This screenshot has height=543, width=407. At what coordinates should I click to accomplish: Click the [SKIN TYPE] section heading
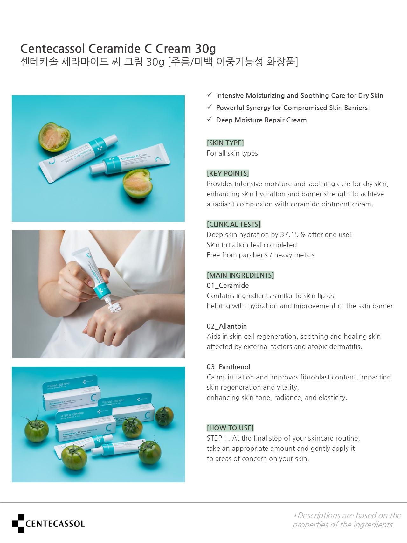[225, 143]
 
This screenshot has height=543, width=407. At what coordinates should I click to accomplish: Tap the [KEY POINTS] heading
[228, 173]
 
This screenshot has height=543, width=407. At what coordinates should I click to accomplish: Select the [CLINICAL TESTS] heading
[233, 224]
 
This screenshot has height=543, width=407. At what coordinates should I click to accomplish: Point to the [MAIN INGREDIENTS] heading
[240, 275]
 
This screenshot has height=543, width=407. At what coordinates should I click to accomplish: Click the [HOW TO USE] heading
[230, 428]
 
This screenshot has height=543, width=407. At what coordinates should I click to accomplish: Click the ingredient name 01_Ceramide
[228, 286]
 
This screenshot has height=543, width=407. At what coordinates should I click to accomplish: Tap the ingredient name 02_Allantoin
[227, 326]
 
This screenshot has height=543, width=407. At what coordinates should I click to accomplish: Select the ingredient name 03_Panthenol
[228, 367]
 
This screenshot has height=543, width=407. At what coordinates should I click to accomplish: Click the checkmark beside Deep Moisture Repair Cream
[209, 119]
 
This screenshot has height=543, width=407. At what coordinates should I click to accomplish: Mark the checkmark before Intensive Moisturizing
[209, 95]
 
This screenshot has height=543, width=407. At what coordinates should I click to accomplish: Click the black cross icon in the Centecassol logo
[18, 523]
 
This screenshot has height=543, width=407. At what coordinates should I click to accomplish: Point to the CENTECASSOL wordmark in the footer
[55, 524]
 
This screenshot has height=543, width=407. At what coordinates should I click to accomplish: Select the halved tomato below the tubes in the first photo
[138, 184]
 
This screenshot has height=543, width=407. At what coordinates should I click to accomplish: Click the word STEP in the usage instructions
[214, 438]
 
